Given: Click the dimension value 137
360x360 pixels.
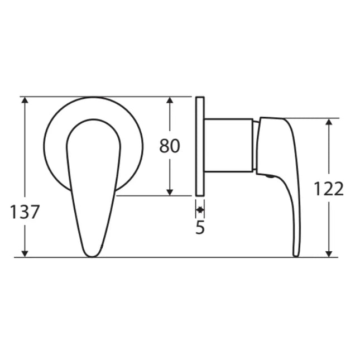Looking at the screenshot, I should pos(25,212).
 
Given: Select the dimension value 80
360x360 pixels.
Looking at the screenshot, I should pos(170,146).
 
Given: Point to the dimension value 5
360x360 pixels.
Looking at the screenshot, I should pos(200,228).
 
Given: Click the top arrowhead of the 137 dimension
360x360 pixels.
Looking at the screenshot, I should pos(25,101).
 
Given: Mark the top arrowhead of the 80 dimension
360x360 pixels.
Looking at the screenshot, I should pos(171,101).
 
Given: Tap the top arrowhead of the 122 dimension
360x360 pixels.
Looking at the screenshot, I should pos(330,122).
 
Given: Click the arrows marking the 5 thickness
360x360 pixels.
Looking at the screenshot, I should pos(200,210).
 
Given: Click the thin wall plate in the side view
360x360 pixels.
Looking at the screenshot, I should pos(200,146).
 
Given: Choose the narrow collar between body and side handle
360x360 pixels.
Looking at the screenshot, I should pos(255,145).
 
